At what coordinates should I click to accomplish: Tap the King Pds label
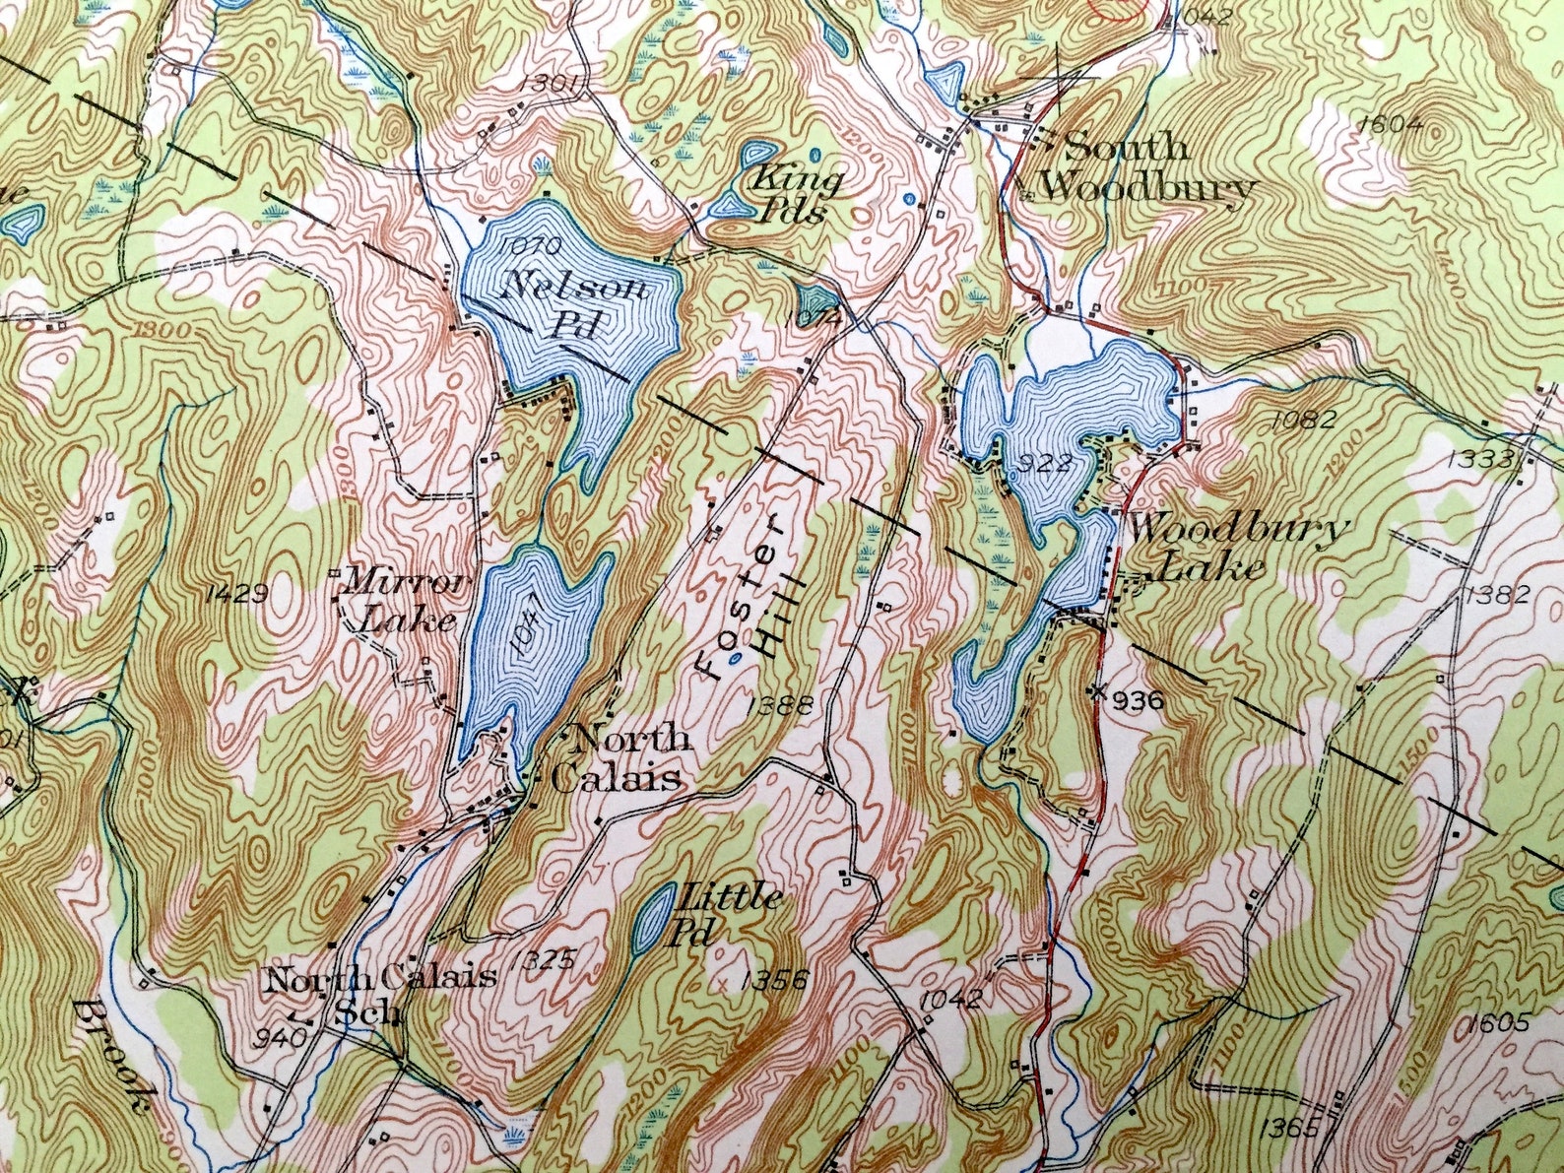(795, 194)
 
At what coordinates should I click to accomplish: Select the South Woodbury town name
(1142, 166)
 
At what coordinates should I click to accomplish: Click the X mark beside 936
(1098, 690)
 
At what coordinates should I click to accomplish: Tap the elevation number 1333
(1480, 458)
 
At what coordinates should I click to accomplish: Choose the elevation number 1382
(1497, 593)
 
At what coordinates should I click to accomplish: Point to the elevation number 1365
(1287, 1129)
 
